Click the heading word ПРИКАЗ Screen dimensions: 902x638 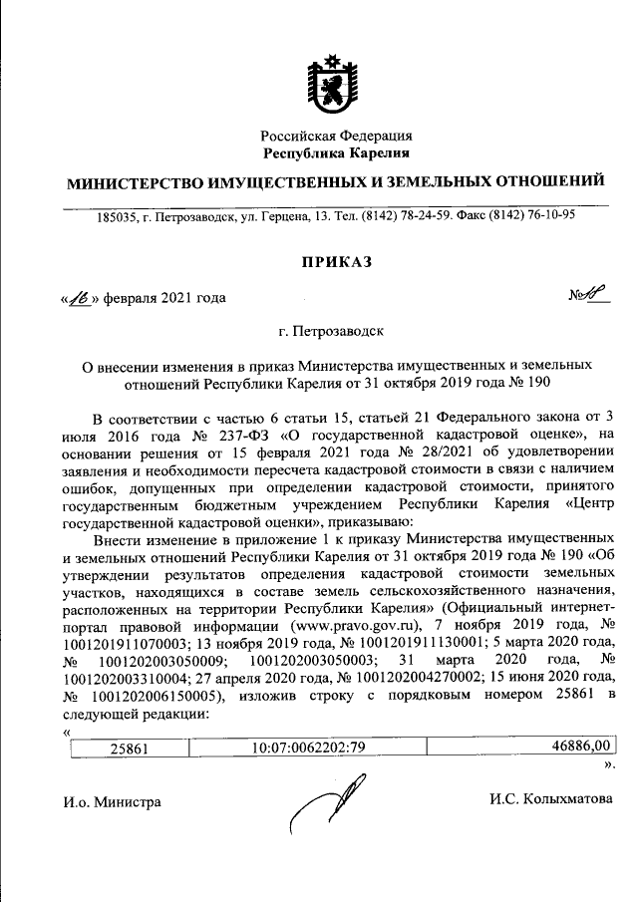[x=336, y=261]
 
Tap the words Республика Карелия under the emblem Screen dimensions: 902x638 [x=336, y=152]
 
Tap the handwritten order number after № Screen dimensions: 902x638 [x=595, y=295]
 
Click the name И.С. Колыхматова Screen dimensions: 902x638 [x=550, y=799]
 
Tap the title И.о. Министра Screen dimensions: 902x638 [x=110, y=800]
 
